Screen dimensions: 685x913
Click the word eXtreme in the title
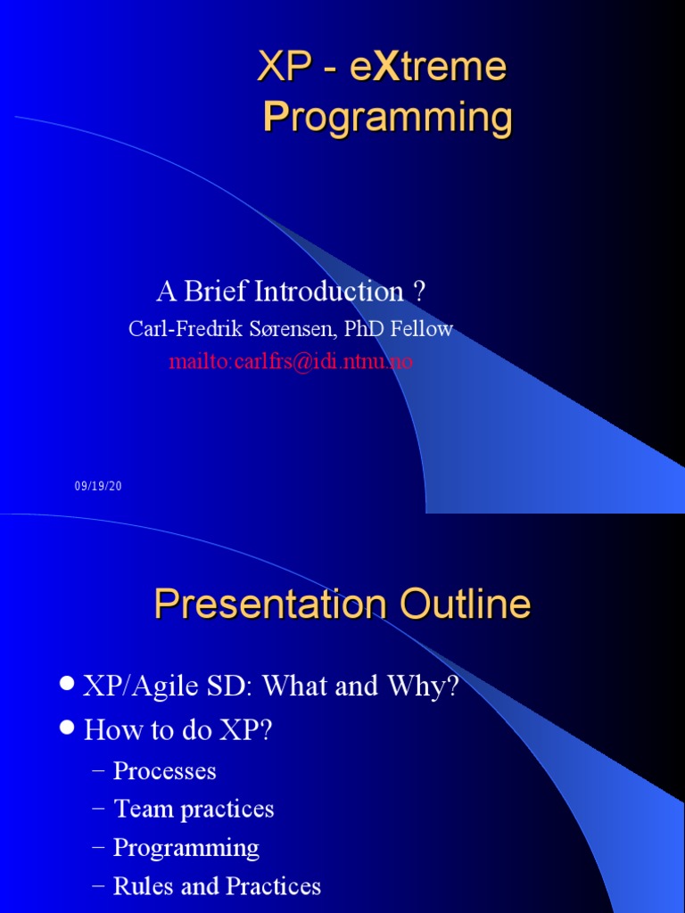[428, 66]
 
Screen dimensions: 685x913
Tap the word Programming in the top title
[387, 118]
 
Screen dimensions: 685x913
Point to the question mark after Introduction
[419, 292]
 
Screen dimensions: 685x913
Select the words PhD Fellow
[398, 329]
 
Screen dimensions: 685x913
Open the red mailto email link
[291, 362]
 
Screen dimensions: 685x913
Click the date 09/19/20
[98, 486]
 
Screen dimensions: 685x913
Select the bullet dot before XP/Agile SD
[68, 682]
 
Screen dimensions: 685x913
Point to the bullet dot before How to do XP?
[68, 727]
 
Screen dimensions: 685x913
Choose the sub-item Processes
[164, 770]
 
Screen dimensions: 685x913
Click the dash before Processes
[98, 771]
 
